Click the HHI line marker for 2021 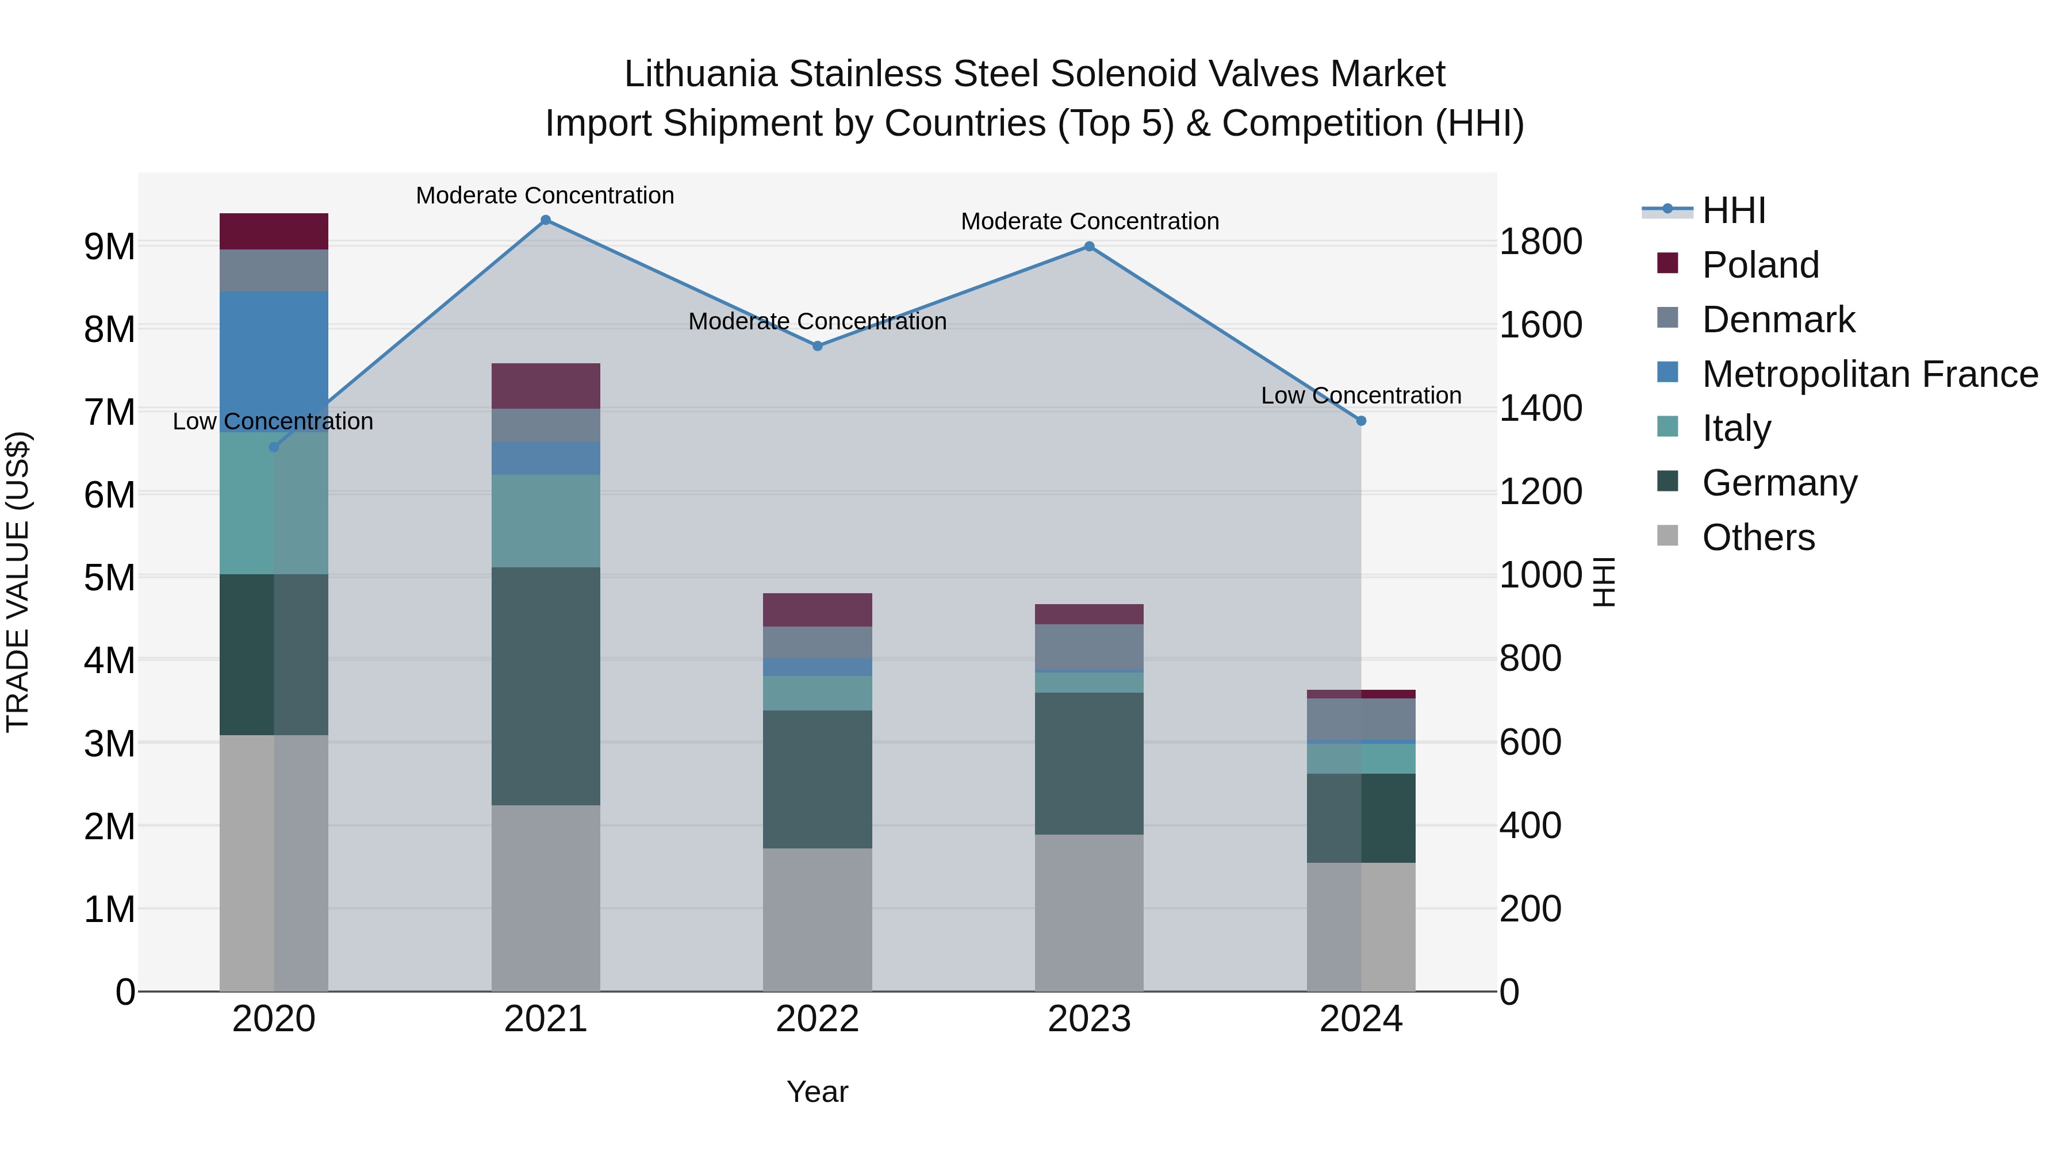click(x=546, y=220)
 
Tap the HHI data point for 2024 click(x=1361, y=421)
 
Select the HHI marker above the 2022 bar click(x=817, y=346)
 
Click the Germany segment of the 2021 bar click(x=546, y=687)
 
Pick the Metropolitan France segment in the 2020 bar click(x=274, y=362)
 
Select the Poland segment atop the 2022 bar click(x=817, y=610)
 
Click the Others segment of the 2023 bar click(x=1089, y=913)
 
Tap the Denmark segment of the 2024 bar click(x=1361, y=720)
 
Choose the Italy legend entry click(x=1736, y=428)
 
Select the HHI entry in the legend click(x=1733, y=210)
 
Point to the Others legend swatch click(x=1667, y=536)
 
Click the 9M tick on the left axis click(x=109, y=247)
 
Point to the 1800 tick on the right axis click(x=1540, y=242)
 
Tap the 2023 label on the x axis click(x=1089, y=1019)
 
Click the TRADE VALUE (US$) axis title click(x=18, y=582)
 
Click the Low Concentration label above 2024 click(x=1360, y=396)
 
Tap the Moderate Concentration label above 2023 click(x=1090, y=222)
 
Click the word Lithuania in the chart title click(x=701, y=75)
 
